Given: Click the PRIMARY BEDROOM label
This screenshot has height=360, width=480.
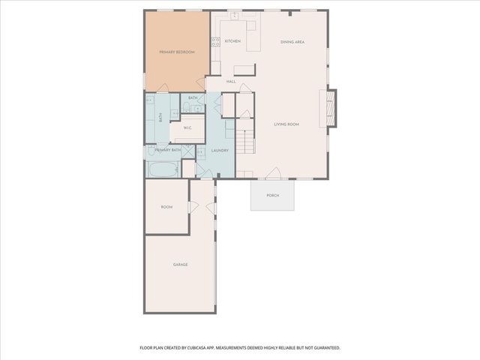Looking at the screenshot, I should pyautogui.click(x=177, y=52).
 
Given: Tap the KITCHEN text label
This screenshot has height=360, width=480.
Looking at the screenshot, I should pyautogui.click(x=232, y=41).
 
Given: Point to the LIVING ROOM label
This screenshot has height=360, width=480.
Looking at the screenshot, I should pyautogui.click(x=286, y=124).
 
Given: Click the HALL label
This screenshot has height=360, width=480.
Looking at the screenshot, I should pyautogui.click(x=231, y=81).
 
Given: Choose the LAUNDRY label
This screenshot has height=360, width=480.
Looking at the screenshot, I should pyautogui.click(x=220, y=150).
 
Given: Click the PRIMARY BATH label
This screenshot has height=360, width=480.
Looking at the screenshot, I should pyautogui.click(x=168, y=150).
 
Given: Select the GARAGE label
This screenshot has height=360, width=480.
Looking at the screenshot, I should pyautogui.click(x=180, y=265).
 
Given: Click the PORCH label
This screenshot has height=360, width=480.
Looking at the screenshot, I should pyautogui.click(x=272, y=196).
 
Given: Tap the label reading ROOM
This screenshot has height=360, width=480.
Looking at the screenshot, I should pyautogui.click(x=166, y=207).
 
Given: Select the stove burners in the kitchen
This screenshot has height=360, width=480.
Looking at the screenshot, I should pyautogui.click(x=215, y=42).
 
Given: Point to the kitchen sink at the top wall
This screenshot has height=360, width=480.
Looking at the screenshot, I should pyautogui.click(x=235, y=15).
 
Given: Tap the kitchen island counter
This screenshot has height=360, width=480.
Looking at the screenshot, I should pyautogui.click(x=244, y=70).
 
